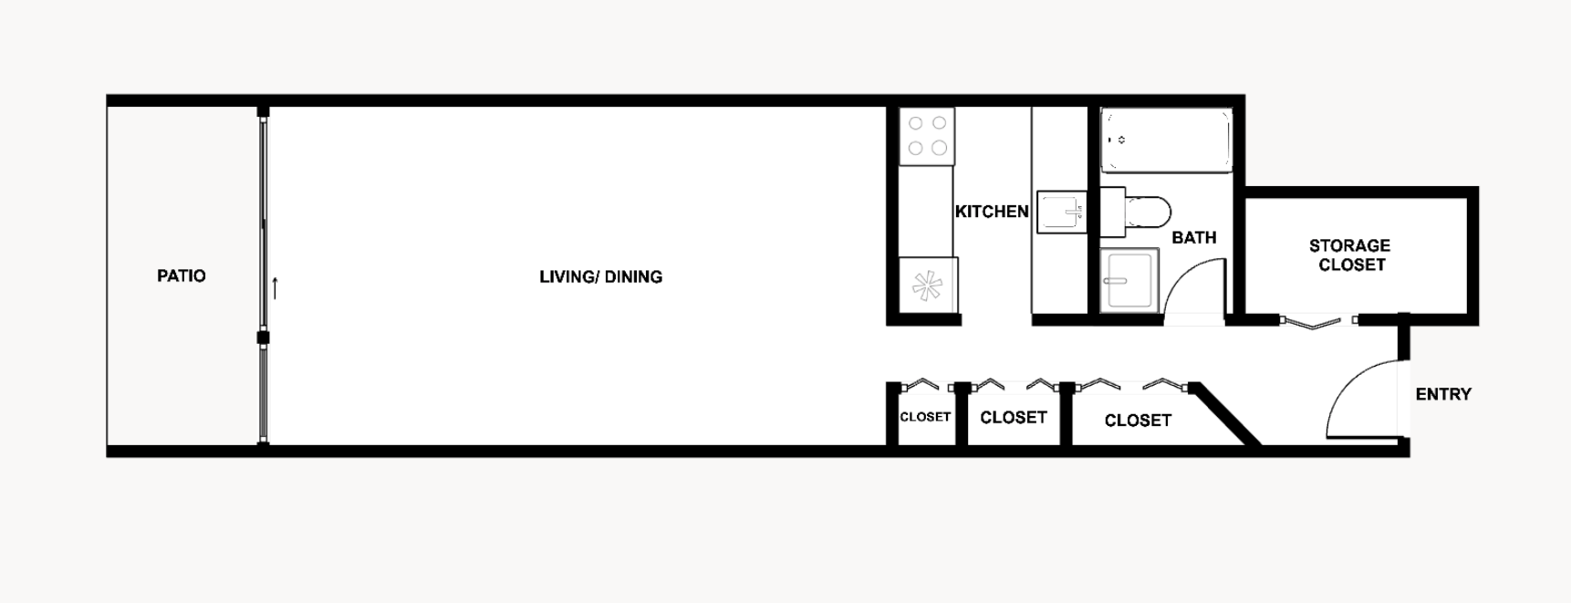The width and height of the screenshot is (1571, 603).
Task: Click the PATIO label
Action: click(181, 276)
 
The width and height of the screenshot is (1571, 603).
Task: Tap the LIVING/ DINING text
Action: click(600, 276)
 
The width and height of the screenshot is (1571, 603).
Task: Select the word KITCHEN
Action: click(991, 212)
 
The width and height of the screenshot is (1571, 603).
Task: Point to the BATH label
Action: click(1193, 237)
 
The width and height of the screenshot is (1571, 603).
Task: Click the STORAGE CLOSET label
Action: click(1350, 255)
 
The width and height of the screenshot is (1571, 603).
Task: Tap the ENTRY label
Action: click(1443, 394)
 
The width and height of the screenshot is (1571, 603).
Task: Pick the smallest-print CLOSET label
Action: click(925, 417)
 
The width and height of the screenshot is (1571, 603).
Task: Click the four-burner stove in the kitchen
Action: click(927, 136)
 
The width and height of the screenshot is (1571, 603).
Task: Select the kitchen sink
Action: click(1061, 213)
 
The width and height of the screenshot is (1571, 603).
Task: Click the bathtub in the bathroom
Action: click(1166, 140)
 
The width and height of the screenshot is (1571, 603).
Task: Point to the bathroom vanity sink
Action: click(1129, 281)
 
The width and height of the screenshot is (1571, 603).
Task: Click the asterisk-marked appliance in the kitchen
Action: click(927, 286)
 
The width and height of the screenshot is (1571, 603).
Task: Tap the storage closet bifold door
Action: click(1313, 322)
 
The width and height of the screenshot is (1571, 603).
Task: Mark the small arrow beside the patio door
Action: click(275, 287)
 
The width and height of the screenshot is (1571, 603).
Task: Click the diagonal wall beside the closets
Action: click(1227, 413)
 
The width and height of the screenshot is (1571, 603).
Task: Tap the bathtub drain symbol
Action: click(1121, 140)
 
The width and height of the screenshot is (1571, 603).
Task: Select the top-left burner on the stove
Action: click(915, 123)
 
